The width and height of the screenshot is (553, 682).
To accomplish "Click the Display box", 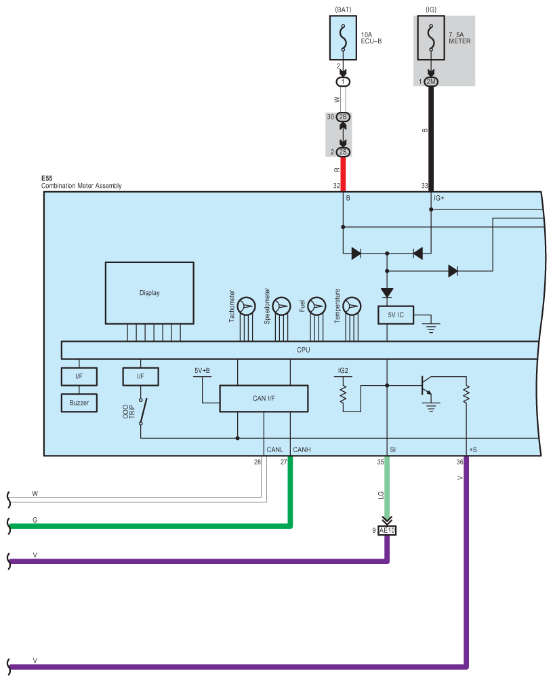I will pyautogui.click(x=150, y=293).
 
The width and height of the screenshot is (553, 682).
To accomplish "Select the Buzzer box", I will pyautogui.click(x=79, y=403).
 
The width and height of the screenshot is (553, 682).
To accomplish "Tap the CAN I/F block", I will pyautogui.click(x=264, y=398).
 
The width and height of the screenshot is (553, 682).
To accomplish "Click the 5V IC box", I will pyautogui.click(x=395, y=315).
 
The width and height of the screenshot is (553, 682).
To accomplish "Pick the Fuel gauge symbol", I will pyautogui.click(x=316, y=306).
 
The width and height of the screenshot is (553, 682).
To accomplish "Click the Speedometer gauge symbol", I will pyautogui.click(x=281, y=306).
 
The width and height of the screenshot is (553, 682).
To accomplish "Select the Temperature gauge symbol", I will pyautogui.click(x=352, y=306).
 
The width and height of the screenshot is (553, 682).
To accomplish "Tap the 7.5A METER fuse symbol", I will pyautogui.click(x=430, y=39).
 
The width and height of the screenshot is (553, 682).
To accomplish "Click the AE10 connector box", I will pyautogui.click(x=386, y=530).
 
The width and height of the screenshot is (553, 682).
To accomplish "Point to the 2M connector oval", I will pyautogui.click(x=431, y=82).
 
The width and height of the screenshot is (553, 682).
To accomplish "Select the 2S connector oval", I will pyautogui.click(x=343, y=152).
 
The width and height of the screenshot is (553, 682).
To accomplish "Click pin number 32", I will pyautogui.click(x=336, y=185).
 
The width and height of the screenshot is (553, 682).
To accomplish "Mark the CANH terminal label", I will pyautogui.click(x=302, y=449).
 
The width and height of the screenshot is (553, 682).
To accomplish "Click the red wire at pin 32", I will pyautogui.click(x=343, y=174).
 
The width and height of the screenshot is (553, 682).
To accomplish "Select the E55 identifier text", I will pyautogui.click(x=47, y=180).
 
